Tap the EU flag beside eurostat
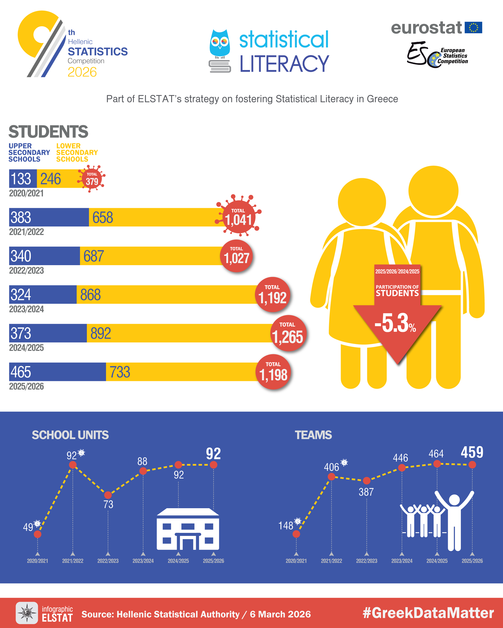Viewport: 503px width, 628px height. tap(473, 28)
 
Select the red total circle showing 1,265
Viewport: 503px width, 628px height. tap(288, 333)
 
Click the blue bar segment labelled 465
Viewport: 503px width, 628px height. tap(57, 372)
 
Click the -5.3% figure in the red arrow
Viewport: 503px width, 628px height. tap(395, 323)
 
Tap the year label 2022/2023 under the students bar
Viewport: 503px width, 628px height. tap(26, 271)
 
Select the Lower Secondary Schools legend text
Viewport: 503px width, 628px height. tap(77, 152)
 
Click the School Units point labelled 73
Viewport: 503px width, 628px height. tap(108, 495)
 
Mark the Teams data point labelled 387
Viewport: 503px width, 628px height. tap(367, 481)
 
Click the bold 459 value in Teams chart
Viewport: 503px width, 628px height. tap(472, 452)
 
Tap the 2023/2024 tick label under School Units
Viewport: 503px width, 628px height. tap(143, 561)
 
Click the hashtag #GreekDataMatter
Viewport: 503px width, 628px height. tap(428, 613)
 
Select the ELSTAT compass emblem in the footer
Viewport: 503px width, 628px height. tap(27, 613)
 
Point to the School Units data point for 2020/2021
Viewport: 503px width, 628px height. tap(38, 534)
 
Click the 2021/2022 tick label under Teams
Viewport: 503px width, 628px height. tap(331, 561)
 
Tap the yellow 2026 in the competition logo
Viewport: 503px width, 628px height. tap(82, 72)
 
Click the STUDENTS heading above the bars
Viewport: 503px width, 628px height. tap(48, 132)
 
